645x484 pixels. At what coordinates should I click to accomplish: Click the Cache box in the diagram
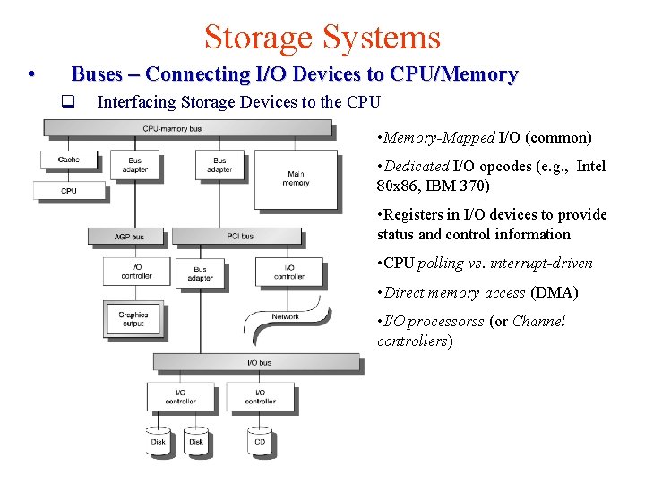tap(68, 160)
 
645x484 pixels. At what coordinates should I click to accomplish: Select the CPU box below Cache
tap(68, 190)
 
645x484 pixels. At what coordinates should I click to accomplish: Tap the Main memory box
tap(296, 178)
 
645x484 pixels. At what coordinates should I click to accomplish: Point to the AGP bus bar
tap(129, 236)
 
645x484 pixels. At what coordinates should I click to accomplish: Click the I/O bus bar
tap(260, 362)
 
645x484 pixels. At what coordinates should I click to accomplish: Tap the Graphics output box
tap(133, 319)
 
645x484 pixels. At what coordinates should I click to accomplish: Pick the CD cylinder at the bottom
tap(260, 439)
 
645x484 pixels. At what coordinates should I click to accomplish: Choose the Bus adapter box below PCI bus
tap(200, 273)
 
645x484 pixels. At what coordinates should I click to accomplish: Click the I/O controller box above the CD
tap(260, 396)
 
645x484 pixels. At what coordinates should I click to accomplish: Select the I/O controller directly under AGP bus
tap(136, 272)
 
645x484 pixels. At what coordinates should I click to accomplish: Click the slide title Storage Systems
tap(322, 37)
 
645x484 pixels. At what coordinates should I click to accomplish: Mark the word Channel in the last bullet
tap(538, 322)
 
